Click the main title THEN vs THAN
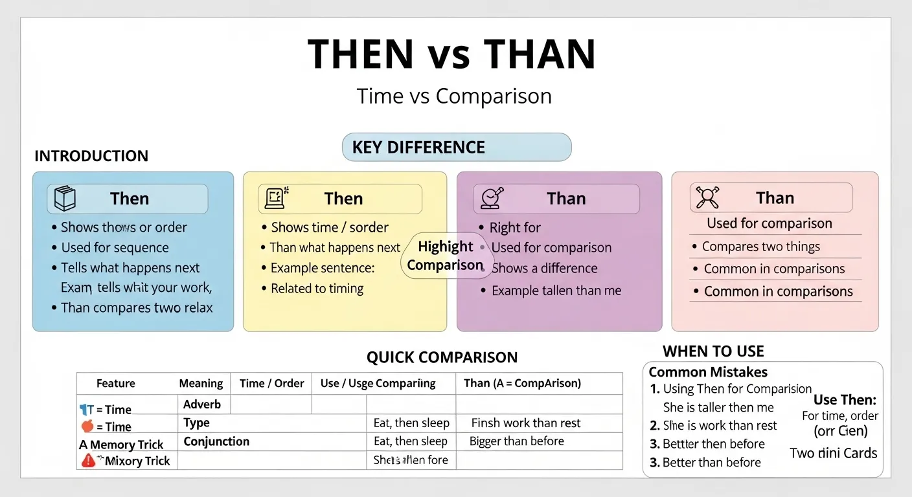coord(451,54)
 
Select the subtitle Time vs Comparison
coord(454,96)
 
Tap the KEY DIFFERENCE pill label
coord(418,148)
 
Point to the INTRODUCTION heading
coord(91,156)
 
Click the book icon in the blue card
coord(65,199)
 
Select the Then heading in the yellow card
coord(343,199)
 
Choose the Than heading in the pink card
coord(775,198)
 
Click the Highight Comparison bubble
coord(446,256)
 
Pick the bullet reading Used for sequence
coord(115,248)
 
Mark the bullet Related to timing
coord(317,289)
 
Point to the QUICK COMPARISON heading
coord(442,357)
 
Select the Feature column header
coord(115,383)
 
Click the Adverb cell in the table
coord(202,404)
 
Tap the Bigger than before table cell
coord(516,441)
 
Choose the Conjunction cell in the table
coord(216,441)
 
